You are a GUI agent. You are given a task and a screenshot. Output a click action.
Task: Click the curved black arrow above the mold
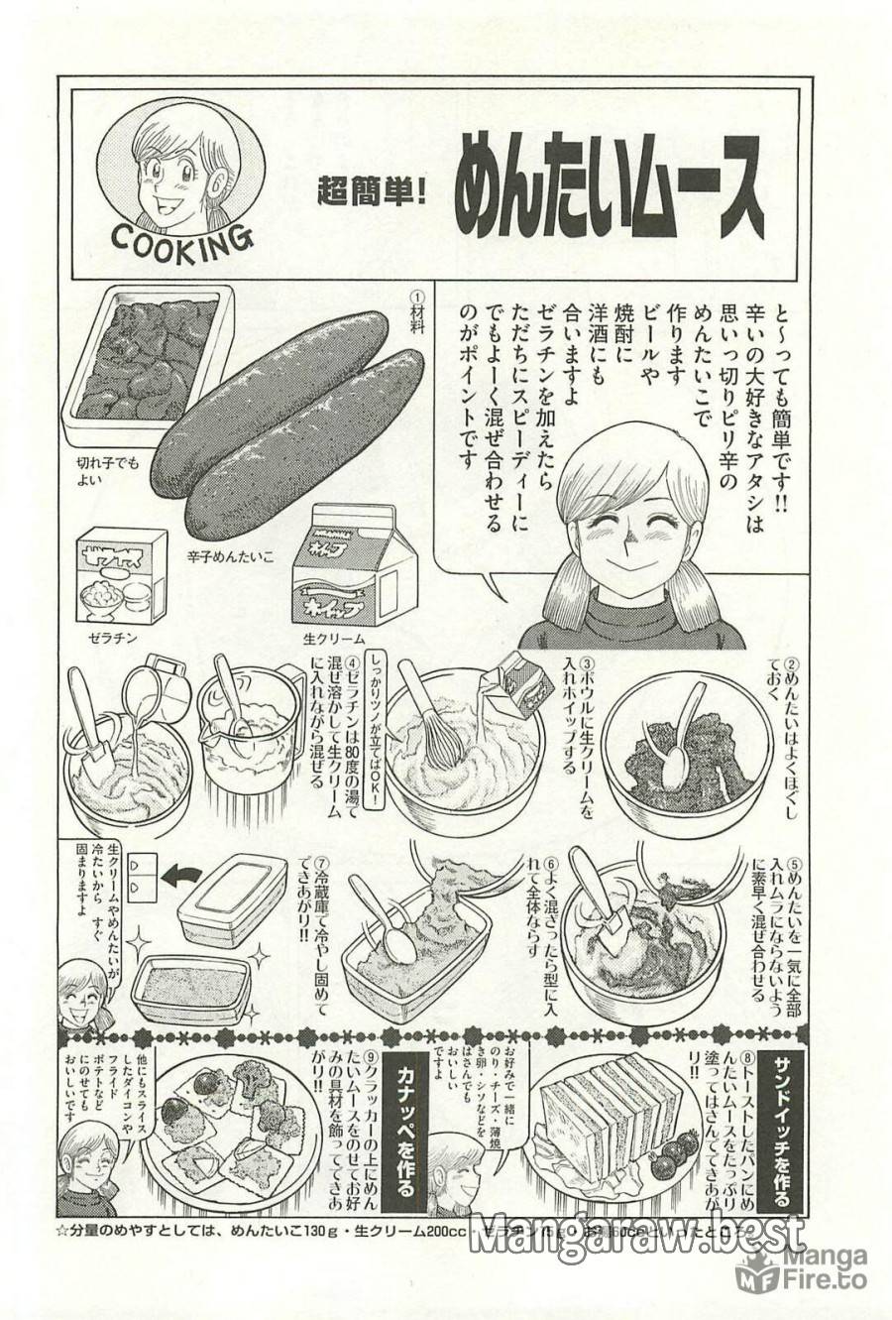coord(179,876)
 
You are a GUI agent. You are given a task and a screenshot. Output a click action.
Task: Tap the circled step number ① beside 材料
coord(417,298)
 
